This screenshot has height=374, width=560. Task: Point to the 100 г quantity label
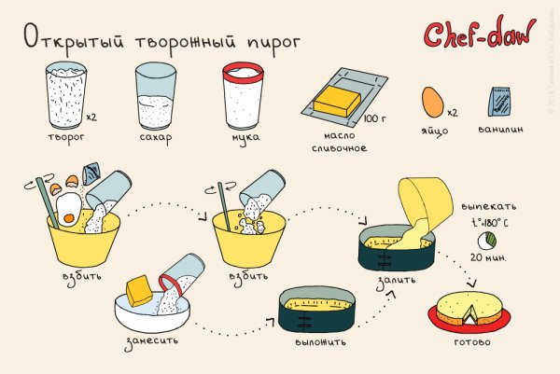point(375,118)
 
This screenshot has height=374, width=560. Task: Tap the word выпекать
point(489,206)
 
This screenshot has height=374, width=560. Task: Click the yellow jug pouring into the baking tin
point(418,207)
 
